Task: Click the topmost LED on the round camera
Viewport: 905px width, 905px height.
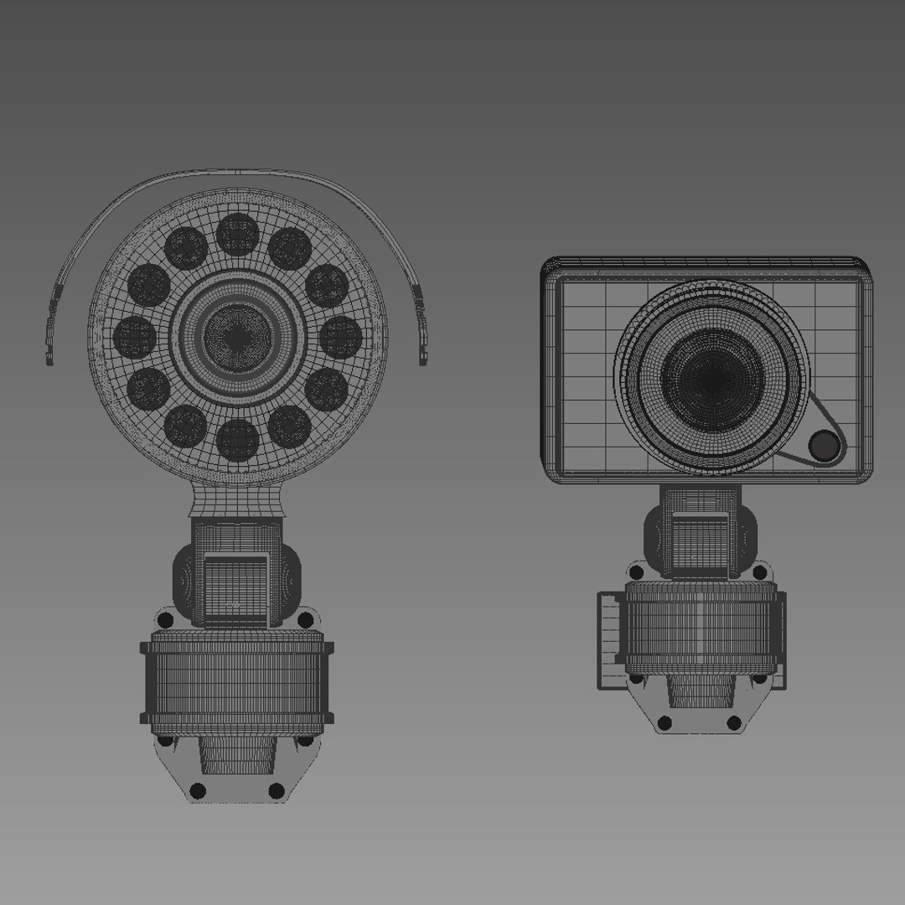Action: tap(237, 234)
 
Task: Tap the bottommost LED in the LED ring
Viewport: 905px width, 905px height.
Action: tap(237, 439)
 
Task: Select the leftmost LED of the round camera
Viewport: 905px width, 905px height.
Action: tap(134, 337)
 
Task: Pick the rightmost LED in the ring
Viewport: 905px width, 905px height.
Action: tap(340, 337)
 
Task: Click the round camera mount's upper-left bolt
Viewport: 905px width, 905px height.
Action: tap(165, 620)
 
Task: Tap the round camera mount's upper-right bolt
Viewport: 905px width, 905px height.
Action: tap(306, 620)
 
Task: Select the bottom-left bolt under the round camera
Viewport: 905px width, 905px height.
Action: tap(198, 790)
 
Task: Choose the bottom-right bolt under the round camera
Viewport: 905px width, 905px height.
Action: tap(276, 790)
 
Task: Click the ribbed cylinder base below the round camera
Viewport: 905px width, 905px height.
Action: tap(237, 683)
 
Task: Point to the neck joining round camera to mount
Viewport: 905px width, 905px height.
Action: tap(235, 501)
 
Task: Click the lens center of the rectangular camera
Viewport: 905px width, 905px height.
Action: tap(712, 379)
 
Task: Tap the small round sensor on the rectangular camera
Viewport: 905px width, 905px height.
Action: tap(825, 446)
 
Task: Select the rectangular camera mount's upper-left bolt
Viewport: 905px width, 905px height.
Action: tap(636, 573)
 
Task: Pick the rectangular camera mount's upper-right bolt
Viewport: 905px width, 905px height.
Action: tap(759, 573)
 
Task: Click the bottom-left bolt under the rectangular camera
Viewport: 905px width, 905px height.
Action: tap(665, 722)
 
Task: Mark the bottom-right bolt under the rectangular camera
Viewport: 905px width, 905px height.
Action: tap(734, 722)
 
